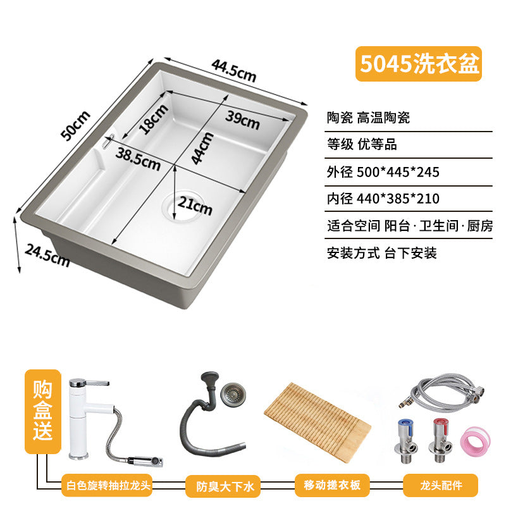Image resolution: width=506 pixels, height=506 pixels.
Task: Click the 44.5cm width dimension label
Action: click(234, 71)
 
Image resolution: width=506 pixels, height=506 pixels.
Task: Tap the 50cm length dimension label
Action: click(76, 125)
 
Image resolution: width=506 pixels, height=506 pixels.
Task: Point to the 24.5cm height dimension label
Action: click(47, 256)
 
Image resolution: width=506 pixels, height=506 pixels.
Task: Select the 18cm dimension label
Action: click(154, 119)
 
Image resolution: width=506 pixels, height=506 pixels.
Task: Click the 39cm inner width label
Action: click(242, 120)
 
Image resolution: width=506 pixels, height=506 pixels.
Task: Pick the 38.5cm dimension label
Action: click(138, 159)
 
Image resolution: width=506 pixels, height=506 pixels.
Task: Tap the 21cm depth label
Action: click(195, 206)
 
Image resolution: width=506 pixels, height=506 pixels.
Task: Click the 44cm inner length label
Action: click(202, 149)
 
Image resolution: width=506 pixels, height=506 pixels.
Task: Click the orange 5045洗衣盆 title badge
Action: click(419, 64)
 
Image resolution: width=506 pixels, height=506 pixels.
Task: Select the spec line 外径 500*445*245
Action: click(383, 172)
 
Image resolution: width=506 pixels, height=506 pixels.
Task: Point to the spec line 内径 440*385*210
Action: click(383, 199)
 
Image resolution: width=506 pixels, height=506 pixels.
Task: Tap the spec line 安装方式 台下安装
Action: click(382, 253)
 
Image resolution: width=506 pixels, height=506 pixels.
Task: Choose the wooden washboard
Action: click(318, 422)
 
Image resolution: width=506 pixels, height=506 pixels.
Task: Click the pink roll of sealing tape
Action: click(475, 441)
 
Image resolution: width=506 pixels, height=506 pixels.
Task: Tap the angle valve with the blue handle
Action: click(405, 440)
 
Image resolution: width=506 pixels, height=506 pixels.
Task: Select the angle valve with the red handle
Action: click(440, 440)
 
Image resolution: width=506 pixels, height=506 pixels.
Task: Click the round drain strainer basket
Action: click(233, 394)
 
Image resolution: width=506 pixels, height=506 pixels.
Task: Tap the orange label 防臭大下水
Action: click(223, 486)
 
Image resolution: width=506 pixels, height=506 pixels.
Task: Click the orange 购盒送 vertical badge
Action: click(42, 411)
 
